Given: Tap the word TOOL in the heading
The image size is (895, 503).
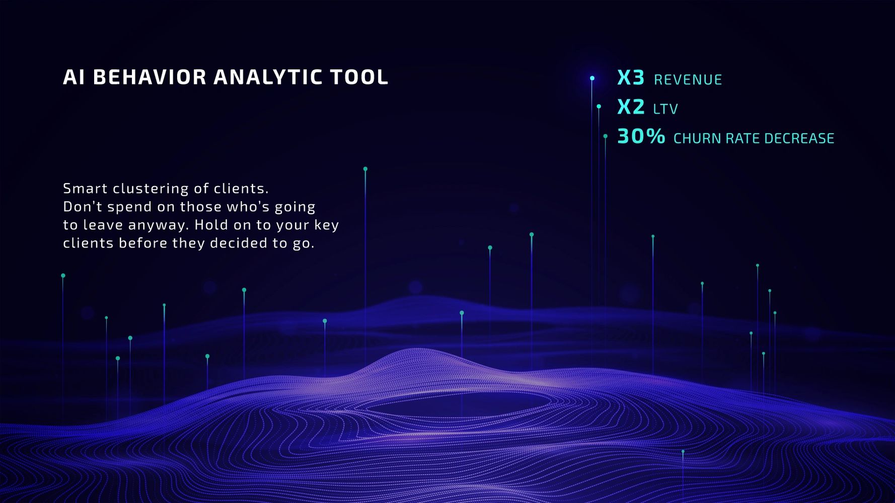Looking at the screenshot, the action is coord(359,77).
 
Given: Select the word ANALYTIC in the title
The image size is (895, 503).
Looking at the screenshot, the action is coord(268,77).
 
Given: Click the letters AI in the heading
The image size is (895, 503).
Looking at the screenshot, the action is coord(73,77).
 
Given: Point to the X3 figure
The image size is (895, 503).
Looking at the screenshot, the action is coord(631,77).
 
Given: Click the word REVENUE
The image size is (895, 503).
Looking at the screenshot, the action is coord(688,79).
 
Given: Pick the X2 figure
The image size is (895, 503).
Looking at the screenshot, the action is coord(631,107).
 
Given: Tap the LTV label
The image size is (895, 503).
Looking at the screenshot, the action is coord(665,109).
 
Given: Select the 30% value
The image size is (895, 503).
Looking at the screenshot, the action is coord(641,136).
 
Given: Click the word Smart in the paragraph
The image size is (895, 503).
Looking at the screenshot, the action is coord(85,189).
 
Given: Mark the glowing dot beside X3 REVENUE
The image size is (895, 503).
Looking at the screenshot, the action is coord(592,78).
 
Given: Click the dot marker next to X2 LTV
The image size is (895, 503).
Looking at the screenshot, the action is coord(599,107).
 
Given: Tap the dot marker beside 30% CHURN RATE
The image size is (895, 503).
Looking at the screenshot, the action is coord(605,136).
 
